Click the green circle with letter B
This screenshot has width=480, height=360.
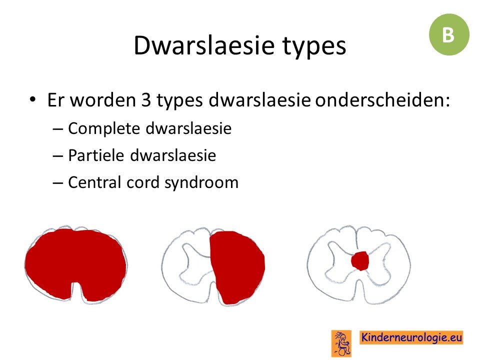[x=449, y=34]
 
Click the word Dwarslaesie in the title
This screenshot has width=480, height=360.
[x=204, y=45]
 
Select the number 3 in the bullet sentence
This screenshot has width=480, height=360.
[x=146, y=100]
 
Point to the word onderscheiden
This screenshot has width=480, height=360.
[x=382, y=99]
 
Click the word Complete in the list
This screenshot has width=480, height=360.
[x=104, y=129]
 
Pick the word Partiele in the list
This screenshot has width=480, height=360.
[x=96, y=155]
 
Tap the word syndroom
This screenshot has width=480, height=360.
[x=201, y=183]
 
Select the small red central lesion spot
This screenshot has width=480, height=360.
[x=360, y=261]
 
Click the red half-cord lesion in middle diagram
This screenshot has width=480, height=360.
[x=237, y=267]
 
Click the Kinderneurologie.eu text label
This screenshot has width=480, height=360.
[x=411, y=337]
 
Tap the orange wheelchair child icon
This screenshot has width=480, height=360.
[x=341, y=343]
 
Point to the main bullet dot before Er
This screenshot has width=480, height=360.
[x=33, y=99]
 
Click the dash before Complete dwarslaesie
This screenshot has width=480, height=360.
[x=58, y=129]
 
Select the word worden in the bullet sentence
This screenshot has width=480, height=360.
[x=103, y=100]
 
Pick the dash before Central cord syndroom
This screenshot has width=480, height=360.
[x=58, y=183]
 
